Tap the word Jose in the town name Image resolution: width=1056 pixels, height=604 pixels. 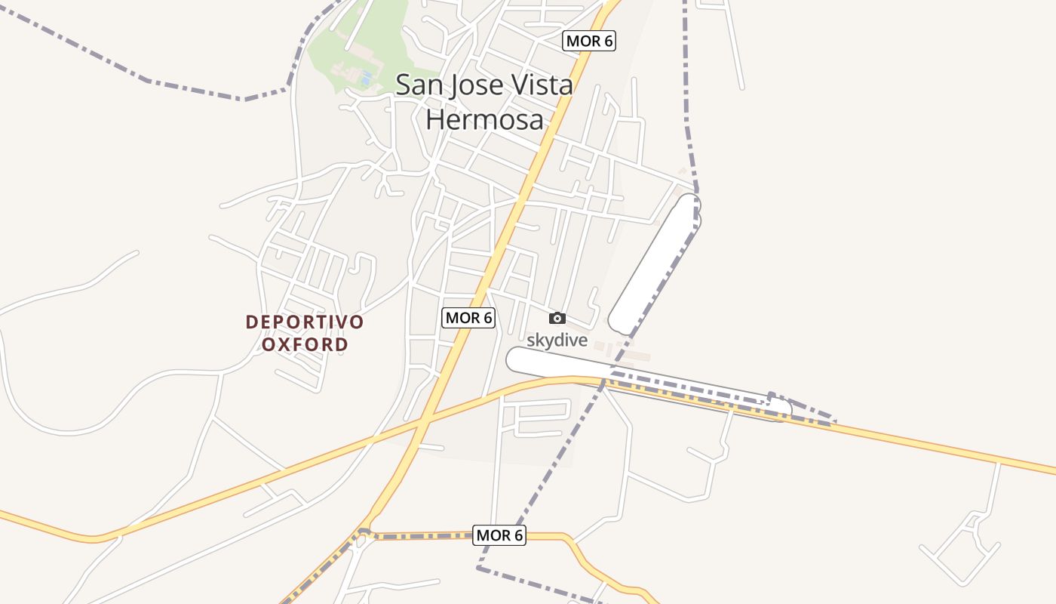click(474, 85)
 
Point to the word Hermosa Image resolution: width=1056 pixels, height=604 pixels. click(484, 119)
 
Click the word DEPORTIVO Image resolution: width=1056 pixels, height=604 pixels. click(305, 322)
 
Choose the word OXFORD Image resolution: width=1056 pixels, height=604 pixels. click(305, 345)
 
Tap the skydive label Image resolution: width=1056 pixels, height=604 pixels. click(557, 341)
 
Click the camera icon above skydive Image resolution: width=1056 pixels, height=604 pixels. click(557, 318)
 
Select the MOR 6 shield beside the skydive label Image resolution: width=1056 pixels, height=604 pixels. click(468, 318)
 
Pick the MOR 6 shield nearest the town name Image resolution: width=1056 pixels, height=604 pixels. click(589, 41)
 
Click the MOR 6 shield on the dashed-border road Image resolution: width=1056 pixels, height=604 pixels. click(499, 535)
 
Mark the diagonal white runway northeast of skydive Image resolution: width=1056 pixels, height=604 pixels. click(655, 264)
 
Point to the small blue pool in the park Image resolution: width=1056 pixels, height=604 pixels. click(367, 78)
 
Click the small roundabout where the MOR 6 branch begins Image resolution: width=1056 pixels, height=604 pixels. click(364, 533)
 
